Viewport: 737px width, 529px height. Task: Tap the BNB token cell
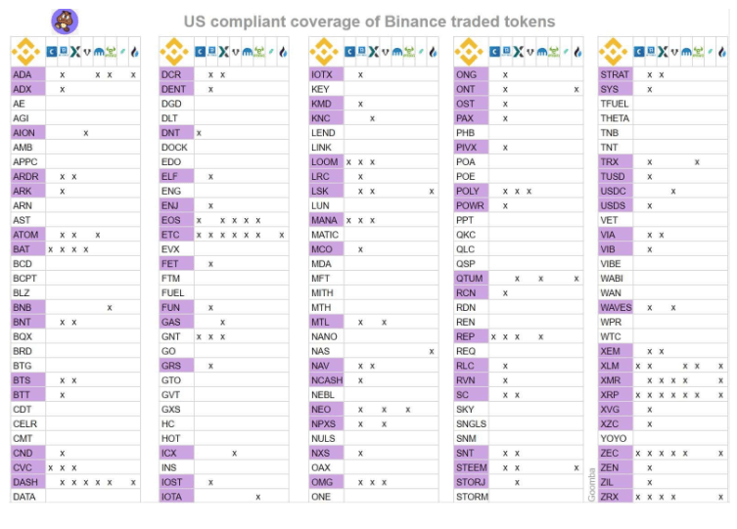coord(23,307)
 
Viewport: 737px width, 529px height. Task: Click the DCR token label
coord(171,74)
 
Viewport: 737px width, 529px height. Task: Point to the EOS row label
coord(171,220)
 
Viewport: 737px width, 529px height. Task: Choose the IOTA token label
coord(172,497)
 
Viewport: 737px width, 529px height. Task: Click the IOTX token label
coord(322,74)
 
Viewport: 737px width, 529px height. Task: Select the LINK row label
coord(322,148)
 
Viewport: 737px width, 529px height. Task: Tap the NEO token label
coord(321,410)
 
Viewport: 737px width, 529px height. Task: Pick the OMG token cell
coord(322,482)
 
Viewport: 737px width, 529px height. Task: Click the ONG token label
coord(467,74)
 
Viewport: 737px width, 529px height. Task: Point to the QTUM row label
coord(470,279)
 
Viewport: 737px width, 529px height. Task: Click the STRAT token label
coord(616,74)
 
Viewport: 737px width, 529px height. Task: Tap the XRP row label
coord(611,395)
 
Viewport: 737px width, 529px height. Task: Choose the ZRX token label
coord(611,497)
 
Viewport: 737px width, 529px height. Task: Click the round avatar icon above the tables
coord(65,21)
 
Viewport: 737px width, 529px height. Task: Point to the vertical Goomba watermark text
coord(592,483)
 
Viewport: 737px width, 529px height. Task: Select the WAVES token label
coord(617,307)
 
